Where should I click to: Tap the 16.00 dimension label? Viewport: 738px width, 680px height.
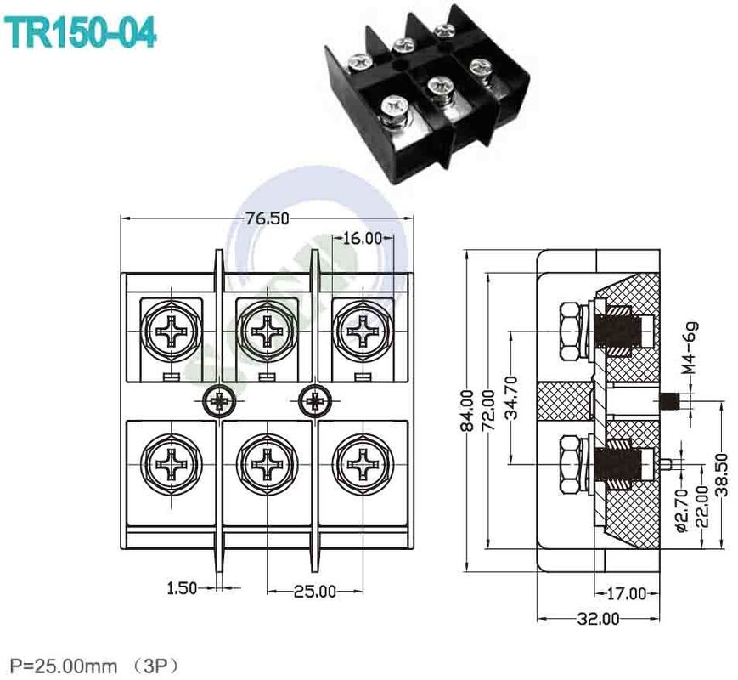click(x=363, y=238)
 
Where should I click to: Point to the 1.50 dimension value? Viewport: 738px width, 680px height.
click(x=183, y=587)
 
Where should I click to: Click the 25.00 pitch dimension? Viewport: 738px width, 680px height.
click(x=315, y=591)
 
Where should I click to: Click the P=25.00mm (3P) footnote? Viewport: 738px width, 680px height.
click(x=94, y=664)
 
